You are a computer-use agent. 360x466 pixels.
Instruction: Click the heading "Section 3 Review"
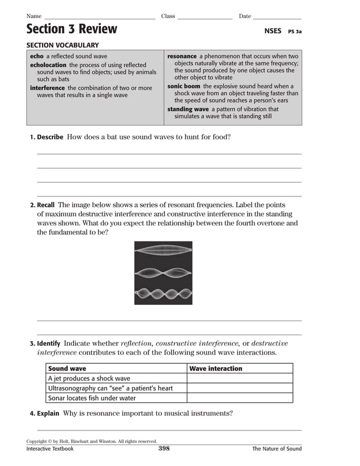point(72,29)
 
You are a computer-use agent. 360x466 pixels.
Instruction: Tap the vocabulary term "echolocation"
point(48,65)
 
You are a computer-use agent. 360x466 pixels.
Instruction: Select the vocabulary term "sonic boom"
point(184,86)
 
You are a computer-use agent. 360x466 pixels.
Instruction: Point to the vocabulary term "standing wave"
point(188,109)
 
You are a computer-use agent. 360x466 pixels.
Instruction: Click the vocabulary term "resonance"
point(182,56)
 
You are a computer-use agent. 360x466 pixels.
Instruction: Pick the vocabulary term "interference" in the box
point(47,88)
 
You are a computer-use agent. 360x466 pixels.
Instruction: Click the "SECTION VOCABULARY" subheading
point(63,45)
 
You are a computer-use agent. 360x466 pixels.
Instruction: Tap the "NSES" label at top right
point(273,31)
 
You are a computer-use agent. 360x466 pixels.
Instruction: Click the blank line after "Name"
point(99,17)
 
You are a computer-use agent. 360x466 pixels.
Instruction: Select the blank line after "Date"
point(277,17)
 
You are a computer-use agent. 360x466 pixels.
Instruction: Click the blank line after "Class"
point(205,17)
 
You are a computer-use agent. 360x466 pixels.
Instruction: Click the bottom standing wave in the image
point(163,294)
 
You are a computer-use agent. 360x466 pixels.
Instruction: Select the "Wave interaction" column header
point(216,368)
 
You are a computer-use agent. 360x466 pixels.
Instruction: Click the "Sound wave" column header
point(67,368)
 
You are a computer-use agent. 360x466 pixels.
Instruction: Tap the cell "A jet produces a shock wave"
point(89,379)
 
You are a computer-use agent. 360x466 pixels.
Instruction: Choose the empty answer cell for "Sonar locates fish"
point(240,398)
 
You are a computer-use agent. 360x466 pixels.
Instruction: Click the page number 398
point(164,449)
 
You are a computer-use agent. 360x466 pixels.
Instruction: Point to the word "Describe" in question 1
point(50,137)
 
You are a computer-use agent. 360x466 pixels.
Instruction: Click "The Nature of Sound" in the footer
point(276,449)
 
